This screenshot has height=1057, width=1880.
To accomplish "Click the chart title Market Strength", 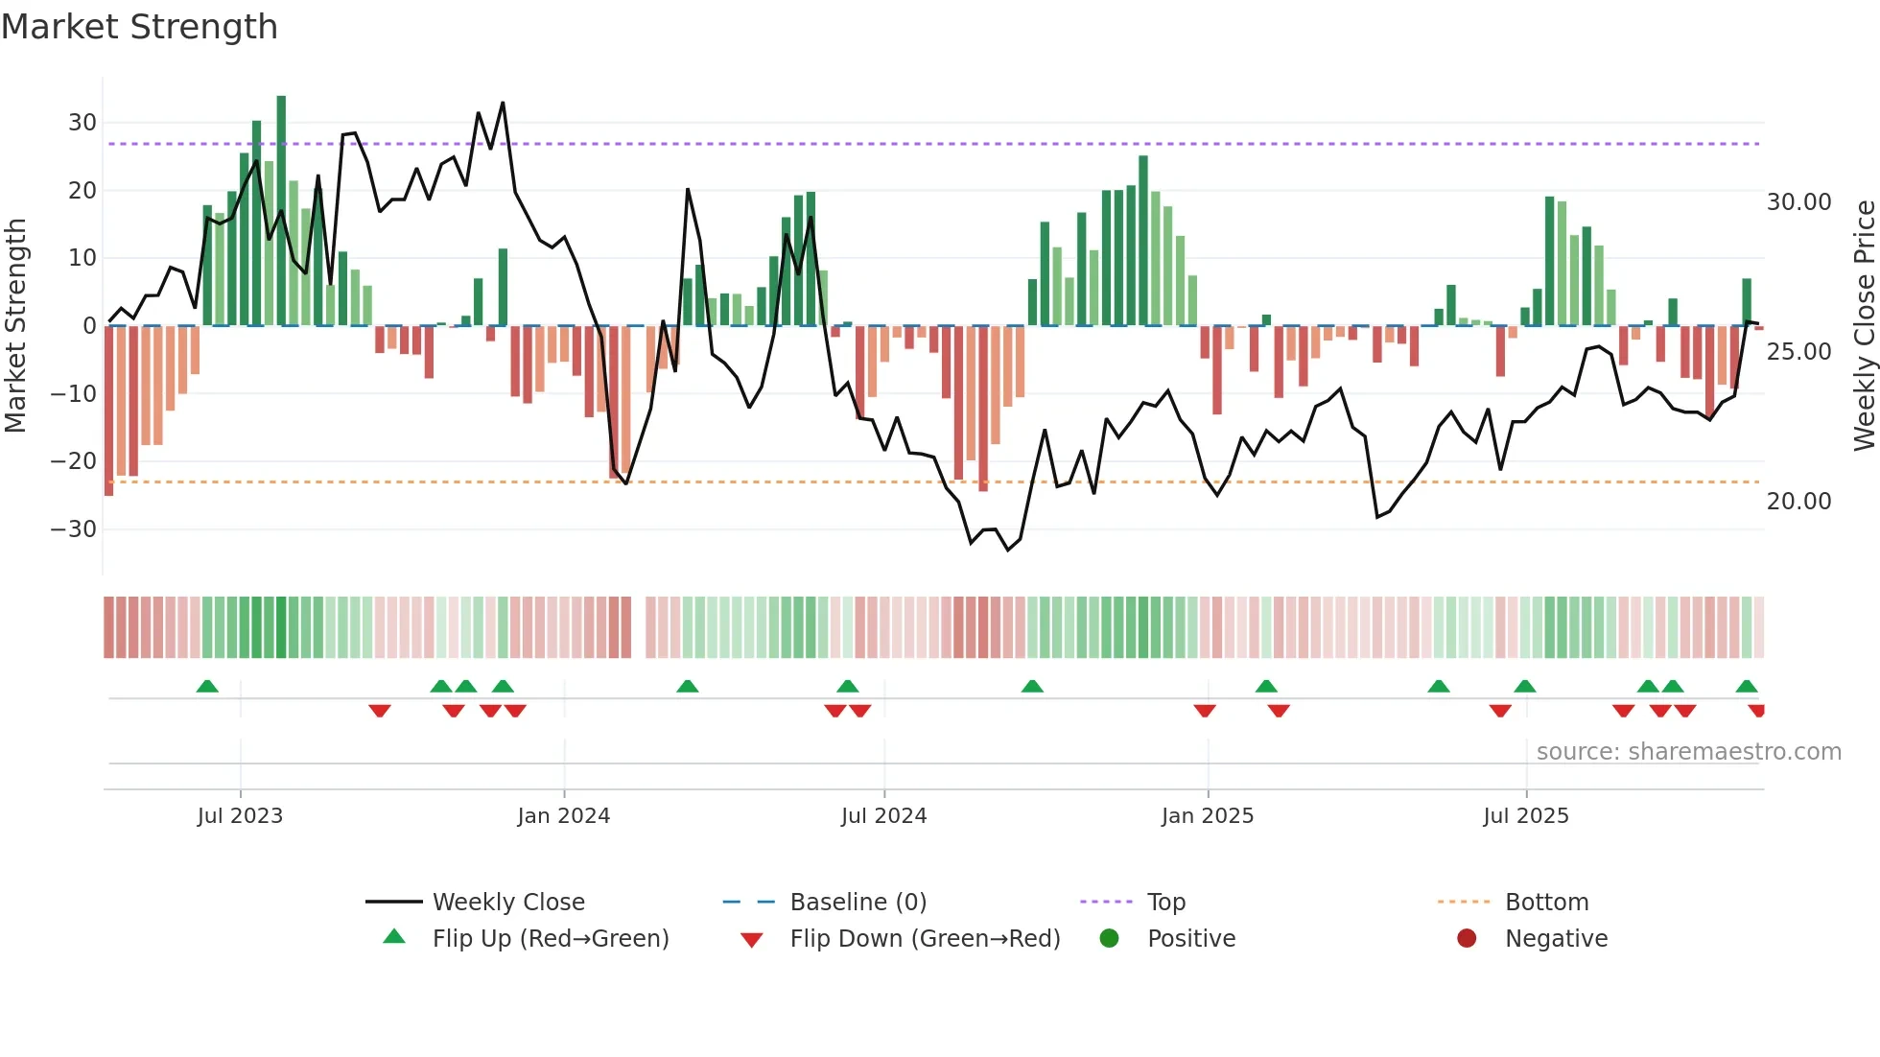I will (x=139, y=27).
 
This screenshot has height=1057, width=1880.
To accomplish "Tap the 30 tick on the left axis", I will (x=82, y=123).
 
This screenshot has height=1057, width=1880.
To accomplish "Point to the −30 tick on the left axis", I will (x=74, y=529).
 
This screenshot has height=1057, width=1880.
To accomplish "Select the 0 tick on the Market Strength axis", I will (x=89, y=326).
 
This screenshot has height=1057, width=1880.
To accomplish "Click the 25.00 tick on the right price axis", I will (x=1798, y=352).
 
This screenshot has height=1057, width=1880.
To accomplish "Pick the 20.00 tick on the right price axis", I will (x=1798, y=502).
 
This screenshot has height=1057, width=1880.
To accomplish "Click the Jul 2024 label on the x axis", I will (x=883, y=816).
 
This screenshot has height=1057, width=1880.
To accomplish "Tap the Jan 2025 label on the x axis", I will (x=1207, y=816).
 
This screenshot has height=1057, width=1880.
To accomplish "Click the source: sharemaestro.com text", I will (x=1688, y=752).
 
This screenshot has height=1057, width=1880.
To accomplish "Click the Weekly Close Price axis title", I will (x=1864, y=326).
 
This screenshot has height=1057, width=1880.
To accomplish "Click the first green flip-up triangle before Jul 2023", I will (x=207, y=686).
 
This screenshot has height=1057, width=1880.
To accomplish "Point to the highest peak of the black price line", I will (x=503, y=104).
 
